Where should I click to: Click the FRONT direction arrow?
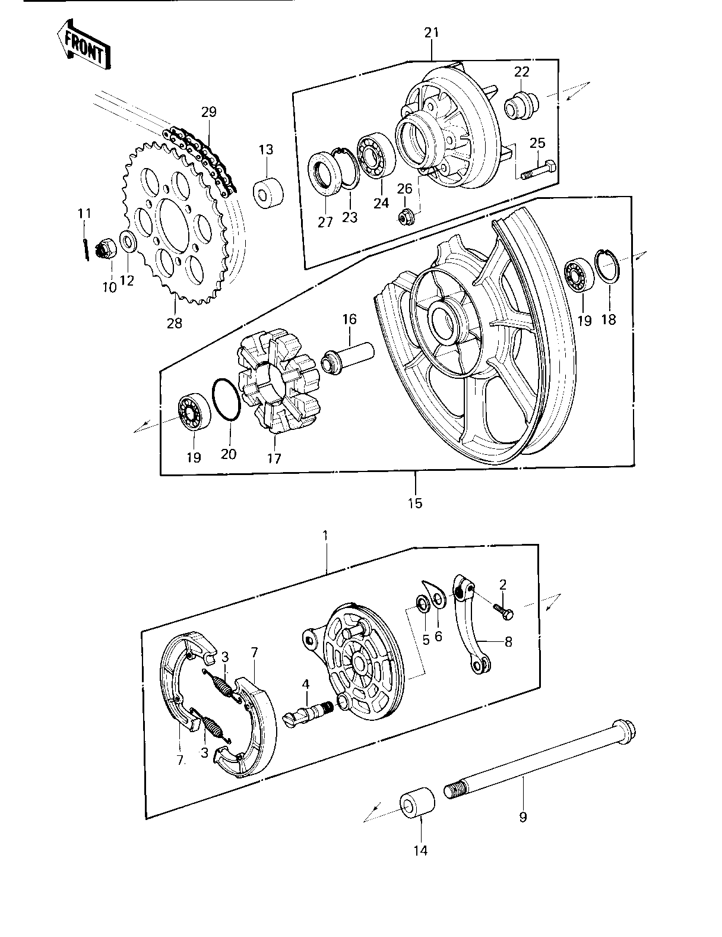pyautogui.click(x=84, y=45)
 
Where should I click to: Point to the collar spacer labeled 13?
pyautogui.click(x=268, y=192)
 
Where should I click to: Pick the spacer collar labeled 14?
pyautogui.click(x=417, y=803)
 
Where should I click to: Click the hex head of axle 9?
pyautogui.click(x=623, y=732)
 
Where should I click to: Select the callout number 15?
pyautogui.click(x=416, y=503)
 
